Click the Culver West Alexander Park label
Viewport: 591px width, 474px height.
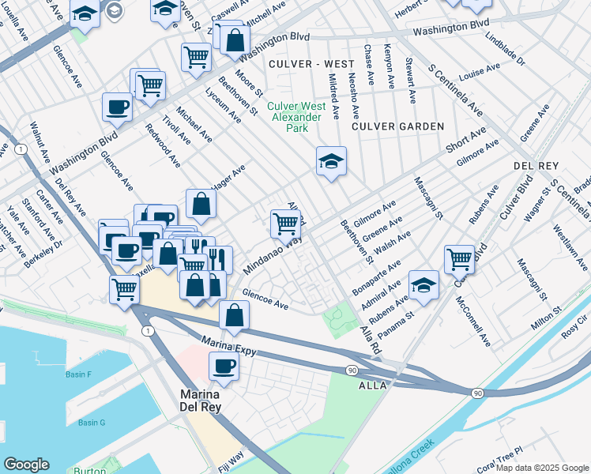point(294,117)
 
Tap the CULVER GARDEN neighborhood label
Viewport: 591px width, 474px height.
point(397,126)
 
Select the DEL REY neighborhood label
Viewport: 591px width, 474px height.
point(536,167)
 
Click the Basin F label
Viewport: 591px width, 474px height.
point(79,374)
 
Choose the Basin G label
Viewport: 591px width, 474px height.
point(92,423)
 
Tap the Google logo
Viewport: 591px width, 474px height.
point(26,465)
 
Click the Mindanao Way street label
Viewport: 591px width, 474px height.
point(273,255)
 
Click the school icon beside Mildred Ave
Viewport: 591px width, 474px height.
point(331,161)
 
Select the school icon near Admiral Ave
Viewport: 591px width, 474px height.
point(424,284)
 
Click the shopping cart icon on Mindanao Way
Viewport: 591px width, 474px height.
point(284,223)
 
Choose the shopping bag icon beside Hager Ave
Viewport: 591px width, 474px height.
point(202,203)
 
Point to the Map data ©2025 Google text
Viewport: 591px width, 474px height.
point(541,468)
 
